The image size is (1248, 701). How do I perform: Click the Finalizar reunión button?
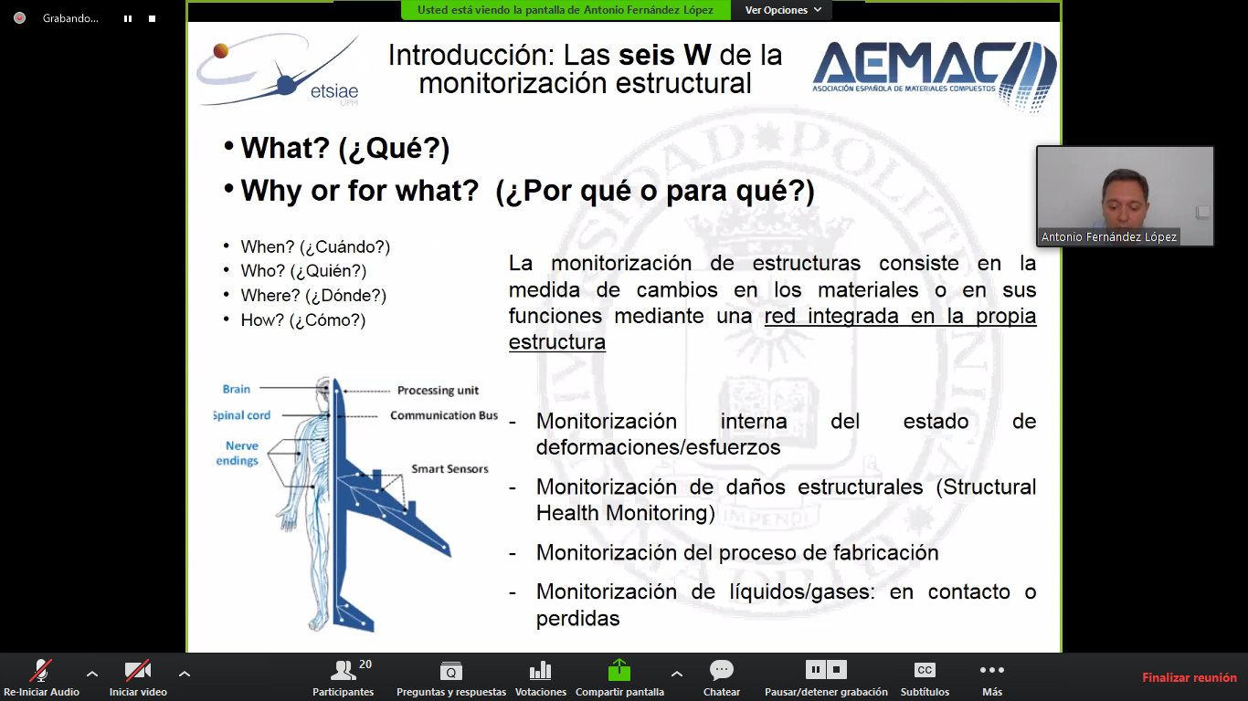coord(1189,677)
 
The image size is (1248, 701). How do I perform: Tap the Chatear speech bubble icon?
coord(722,670)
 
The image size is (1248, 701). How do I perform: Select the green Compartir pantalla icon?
coord(619,670)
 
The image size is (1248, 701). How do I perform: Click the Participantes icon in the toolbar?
coord(343,670)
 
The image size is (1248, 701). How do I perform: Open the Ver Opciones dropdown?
coord(783,10)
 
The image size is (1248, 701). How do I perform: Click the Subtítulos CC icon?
coord(925,670)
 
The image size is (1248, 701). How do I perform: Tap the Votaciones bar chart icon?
coord(540,671)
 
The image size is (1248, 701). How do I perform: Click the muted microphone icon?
coord(41,670)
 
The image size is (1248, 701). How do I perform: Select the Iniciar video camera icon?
coord(138,670)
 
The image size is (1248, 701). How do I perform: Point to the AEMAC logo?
coord(935,75)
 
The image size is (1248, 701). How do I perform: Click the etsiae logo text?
coord(334,90)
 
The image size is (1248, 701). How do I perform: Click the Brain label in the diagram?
coord(237,389)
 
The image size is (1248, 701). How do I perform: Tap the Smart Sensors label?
coord(449,469)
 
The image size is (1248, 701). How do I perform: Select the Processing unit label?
coord(438,391)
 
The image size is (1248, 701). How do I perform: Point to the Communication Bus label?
coord(444,415)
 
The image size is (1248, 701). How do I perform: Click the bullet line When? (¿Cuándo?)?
coord(315,246)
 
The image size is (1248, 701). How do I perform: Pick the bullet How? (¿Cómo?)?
coord(303,320)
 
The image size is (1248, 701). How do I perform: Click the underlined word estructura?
coord(557,342)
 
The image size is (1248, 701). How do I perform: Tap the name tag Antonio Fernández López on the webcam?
coord(1109,236)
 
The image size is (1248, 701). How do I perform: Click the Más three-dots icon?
coord(991,670)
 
